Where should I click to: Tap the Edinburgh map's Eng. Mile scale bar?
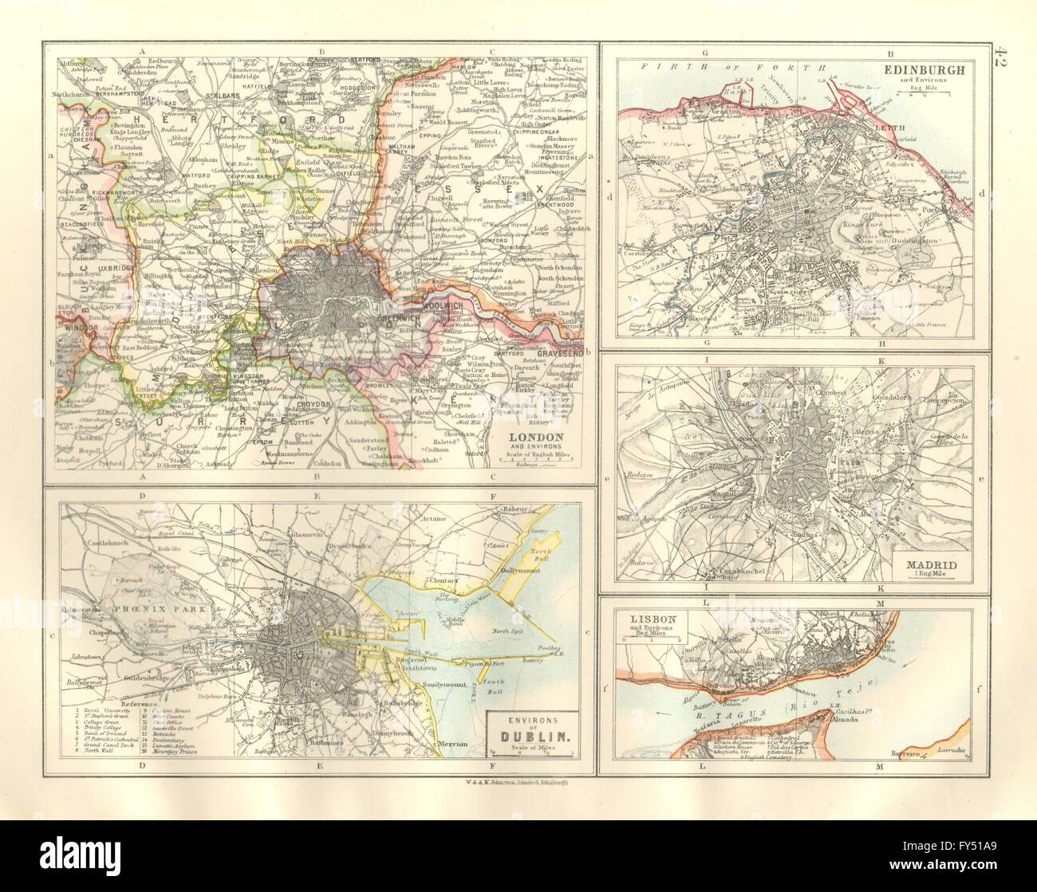[x=923, y=93]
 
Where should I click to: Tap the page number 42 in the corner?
[x=1003, y=60]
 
